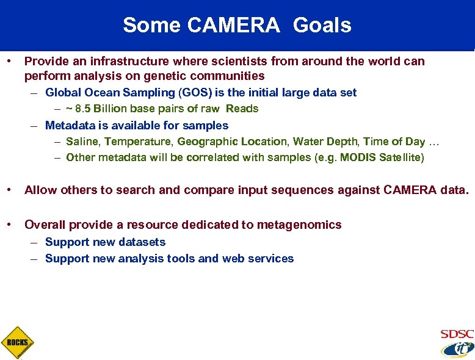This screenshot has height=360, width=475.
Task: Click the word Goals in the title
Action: [x=322, y=25]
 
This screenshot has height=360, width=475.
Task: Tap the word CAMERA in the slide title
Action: [x=234, y=25]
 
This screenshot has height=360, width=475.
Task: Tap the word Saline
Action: [x=81, y=142]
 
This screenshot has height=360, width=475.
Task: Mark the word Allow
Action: [x=39, y=190]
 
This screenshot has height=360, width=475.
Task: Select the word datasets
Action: [x=143, y=242]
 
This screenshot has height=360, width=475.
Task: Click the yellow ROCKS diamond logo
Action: [x=17, y=342]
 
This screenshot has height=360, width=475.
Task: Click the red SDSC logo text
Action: [x=457, y=334]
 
